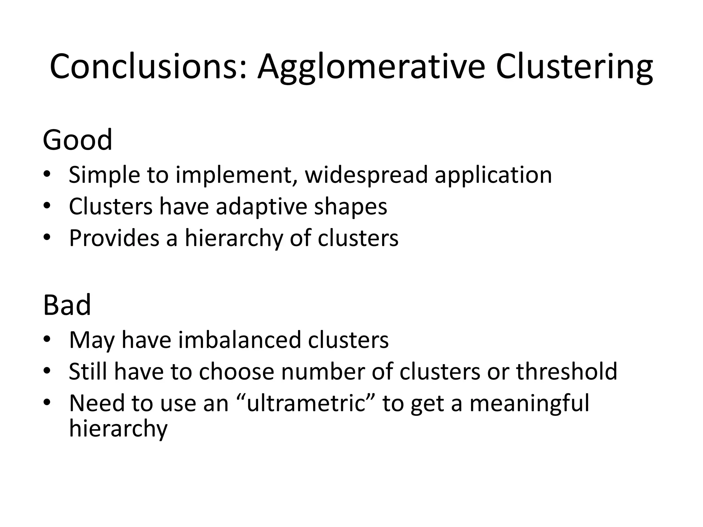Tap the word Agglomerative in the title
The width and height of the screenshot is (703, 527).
(371, 67)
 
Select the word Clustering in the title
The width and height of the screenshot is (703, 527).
(574, 67)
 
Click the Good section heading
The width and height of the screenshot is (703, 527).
(78, 140)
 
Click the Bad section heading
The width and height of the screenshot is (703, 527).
(67, 305)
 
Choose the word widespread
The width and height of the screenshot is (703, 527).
(366, 175)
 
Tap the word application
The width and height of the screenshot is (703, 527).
(493, 175)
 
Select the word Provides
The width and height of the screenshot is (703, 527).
(114, 238)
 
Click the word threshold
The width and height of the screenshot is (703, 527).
(567, 371)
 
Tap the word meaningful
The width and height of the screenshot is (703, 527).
(529, 403)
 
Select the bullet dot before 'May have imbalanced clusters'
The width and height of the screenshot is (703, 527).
(47, 339)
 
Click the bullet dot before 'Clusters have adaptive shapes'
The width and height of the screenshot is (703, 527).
(47, 206)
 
